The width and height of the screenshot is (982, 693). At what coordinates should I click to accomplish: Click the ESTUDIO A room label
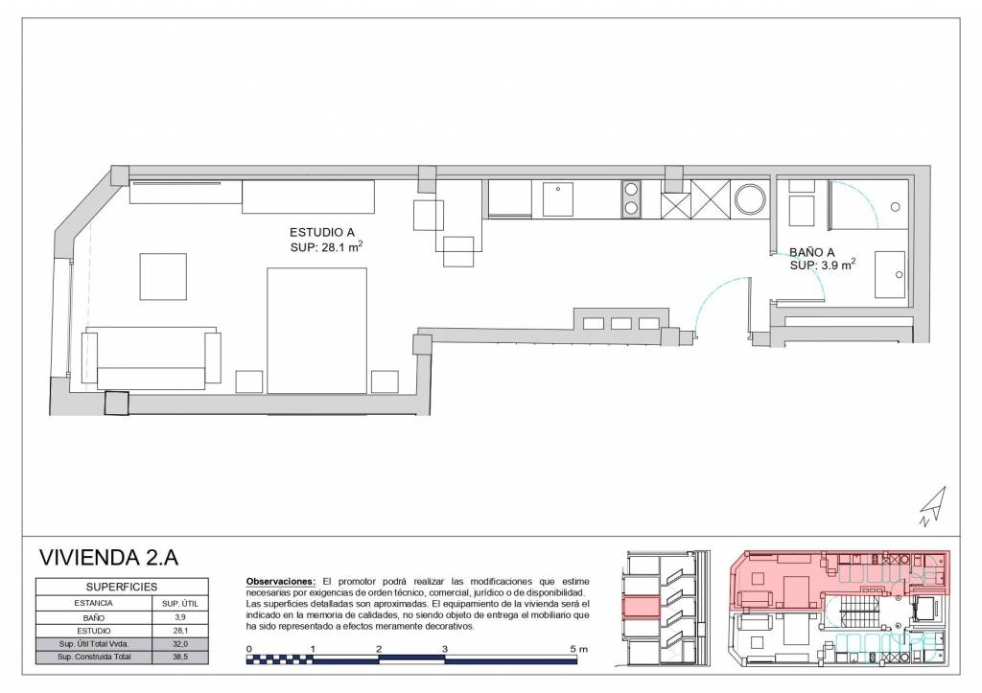pos(322,233)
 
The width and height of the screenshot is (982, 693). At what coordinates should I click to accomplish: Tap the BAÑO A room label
pos(811,252)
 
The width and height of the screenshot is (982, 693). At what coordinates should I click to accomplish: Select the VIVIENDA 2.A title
pos(108,557)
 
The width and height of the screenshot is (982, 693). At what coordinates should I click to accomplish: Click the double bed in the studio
pos(316,331)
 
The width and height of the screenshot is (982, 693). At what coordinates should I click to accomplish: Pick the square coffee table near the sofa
pos(163,277)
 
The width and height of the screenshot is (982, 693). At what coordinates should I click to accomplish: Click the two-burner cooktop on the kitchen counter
pos(631,198)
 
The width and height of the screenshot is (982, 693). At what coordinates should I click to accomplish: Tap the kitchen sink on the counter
pos(557,198)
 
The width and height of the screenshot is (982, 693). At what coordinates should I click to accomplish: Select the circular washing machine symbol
pos(750,199)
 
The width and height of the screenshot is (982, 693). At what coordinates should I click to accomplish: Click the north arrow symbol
pos(934,506)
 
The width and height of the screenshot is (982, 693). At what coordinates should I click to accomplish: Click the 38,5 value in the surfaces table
pos(180,657)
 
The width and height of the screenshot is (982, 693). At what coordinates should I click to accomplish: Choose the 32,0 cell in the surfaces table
pos(180,643)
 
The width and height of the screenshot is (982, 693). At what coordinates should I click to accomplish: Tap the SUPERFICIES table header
pos(122,587)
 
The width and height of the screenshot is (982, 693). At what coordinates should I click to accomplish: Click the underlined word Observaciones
pos(281,582)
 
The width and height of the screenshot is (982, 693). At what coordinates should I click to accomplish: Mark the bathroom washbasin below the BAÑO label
pos(890,275)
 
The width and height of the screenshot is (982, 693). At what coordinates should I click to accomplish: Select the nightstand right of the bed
pos(385,381)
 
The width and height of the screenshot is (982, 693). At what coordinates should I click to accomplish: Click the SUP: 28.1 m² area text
pos(326,246)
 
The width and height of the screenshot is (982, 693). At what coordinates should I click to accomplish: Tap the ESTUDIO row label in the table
pos(94,631)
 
